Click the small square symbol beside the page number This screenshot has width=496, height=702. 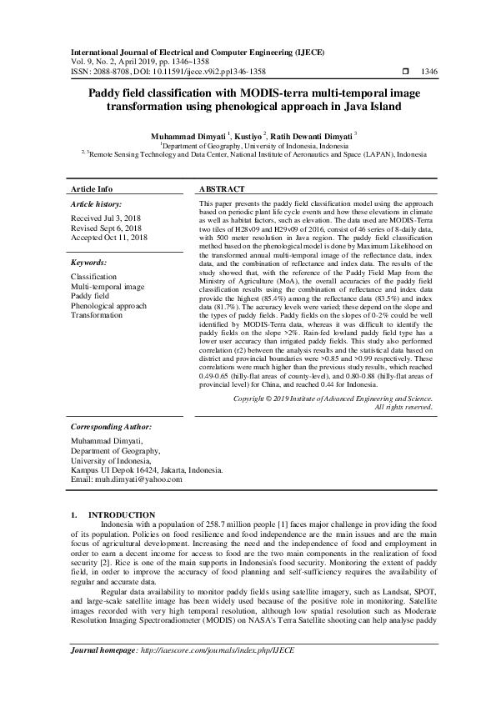click(406, 73)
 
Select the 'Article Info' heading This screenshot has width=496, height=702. click(92, 189)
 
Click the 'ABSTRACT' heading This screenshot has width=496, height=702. click(222, 189)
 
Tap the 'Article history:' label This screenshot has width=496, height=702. click(96, 203)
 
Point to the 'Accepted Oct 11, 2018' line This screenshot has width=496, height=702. click(109, 238)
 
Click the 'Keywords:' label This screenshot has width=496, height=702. click(90, 262)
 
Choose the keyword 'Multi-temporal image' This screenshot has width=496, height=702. click(107, 286)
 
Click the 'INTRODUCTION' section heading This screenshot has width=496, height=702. click(122, 515)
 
